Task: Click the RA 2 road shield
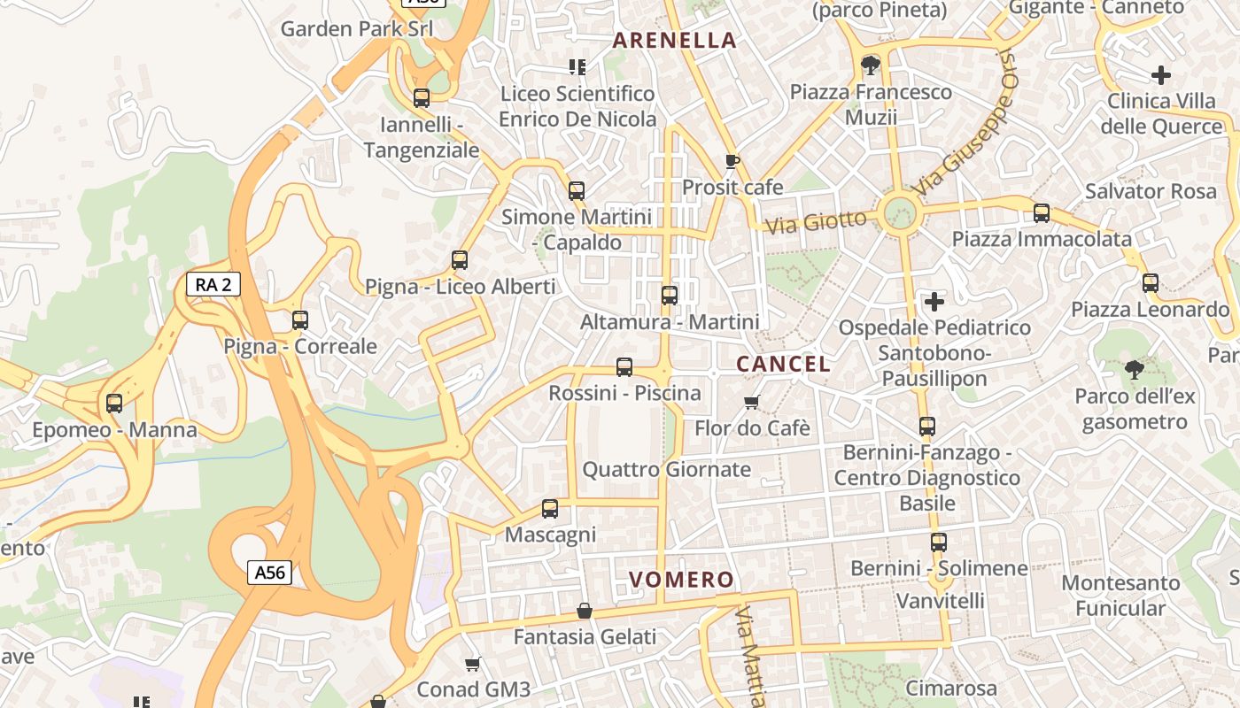coord(213,284)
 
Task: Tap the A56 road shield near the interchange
coord(269,573)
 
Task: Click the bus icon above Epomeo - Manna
coord(114,404)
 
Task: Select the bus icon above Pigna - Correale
coord(300,319)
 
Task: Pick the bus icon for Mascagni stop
coord(550,508)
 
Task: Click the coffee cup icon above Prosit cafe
coord(732,161)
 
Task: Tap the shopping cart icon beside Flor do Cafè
coord(752,402)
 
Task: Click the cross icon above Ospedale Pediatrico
coord(934,302)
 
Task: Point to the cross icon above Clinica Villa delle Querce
coord(1161,75)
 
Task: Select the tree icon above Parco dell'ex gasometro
coord(1134,369)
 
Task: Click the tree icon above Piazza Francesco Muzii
coord(871,65)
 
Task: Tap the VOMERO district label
coord(682,580)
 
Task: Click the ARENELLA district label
coord(675,40)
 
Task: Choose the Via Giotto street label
coord(816,221)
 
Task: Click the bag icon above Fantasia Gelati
coord(585,611)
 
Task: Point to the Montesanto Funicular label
coord(1120,596)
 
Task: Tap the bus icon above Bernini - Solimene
coord(939,542)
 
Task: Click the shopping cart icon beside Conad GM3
coord(473,664)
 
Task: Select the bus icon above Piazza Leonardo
coord(1151,283)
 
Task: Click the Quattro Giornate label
coord(666,469)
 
